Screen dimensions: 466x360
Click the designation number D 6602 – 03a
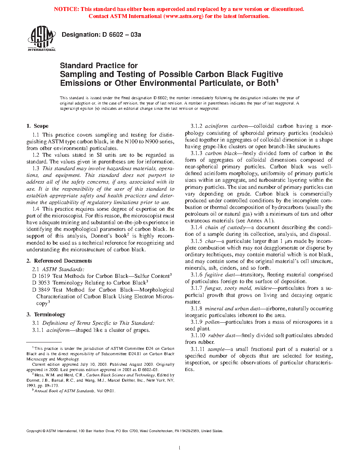[121, 35]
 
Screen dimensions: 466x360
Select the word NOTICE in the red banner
[66, 9]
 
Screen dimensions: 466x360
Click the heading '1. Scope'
[37, 126]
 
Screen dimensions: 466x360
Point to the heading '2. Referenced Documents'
[59, 261]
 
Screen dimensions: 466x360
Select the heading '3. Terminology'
[46, 315]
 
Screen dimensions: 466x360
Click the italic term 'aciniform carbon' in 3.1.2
[226, 126]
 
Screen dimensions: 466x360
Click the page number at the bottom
[180, 448]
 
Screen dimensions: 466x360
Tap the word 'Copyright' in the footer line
[34, 431]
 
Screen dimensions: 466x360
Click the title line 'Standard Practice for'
[99, 66]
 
